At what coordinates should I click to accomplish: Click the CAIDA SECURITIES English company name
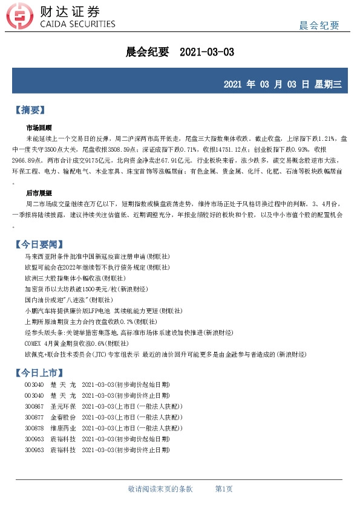tap(76, 24)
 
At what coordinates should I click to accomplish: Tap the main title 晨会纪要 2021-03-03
tap(179, 53)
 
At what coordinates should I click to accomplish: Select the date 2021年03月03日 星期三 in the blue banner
tap(283, 83)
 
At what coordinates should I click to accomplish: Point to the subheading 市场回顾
tap(39, 128)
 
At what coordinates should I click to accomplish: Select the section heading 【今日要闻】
tap(38, 244)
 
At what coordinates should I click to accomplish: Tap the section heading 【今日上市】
tap(38, 371)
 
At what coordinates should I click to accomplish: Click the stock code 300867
tap(34, 406)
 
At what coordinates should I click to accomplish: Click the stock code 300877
tap(34, 417)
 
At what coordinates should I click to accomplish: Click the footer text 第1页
tap(224, 488)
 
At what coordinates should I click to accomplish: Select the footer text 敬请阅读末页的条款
tap(160, 488)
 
